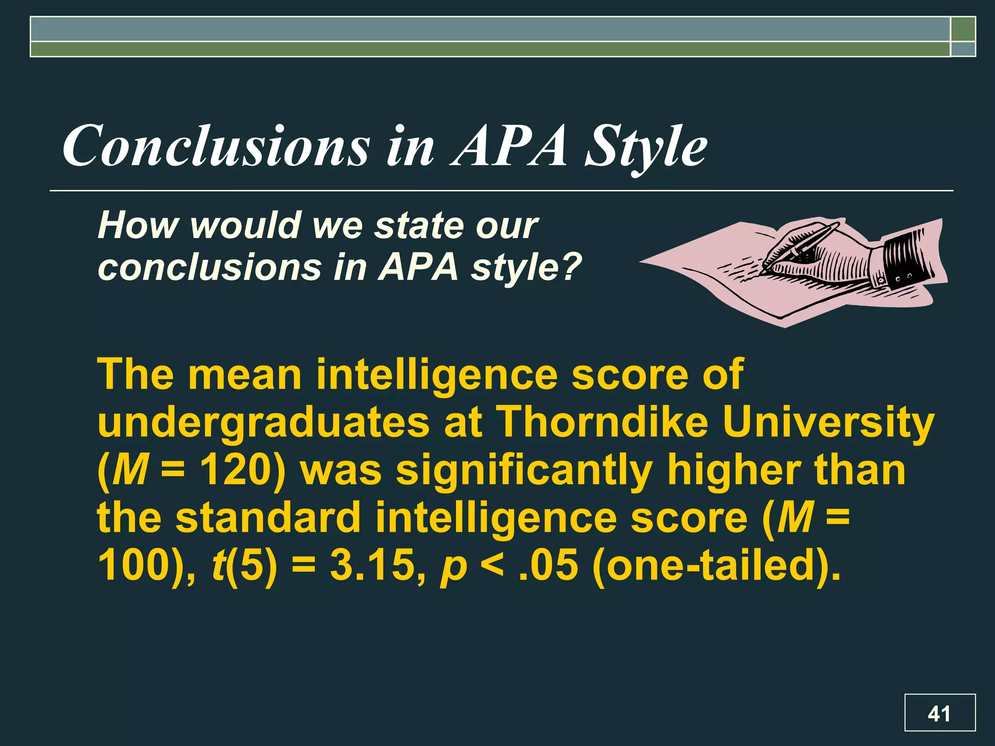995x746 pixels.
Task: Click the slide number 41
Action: coord(939,713)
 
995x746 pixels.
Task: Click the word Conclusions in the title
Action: coord(216,146)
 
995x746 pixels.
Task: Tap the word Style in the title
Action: coord(646,146)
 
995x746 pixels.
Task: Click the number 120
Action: coord(237,470)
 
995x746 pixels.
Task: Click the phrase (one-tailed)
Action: coord(716,565)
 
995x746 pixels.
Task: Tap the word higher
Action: coord(733,470)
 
